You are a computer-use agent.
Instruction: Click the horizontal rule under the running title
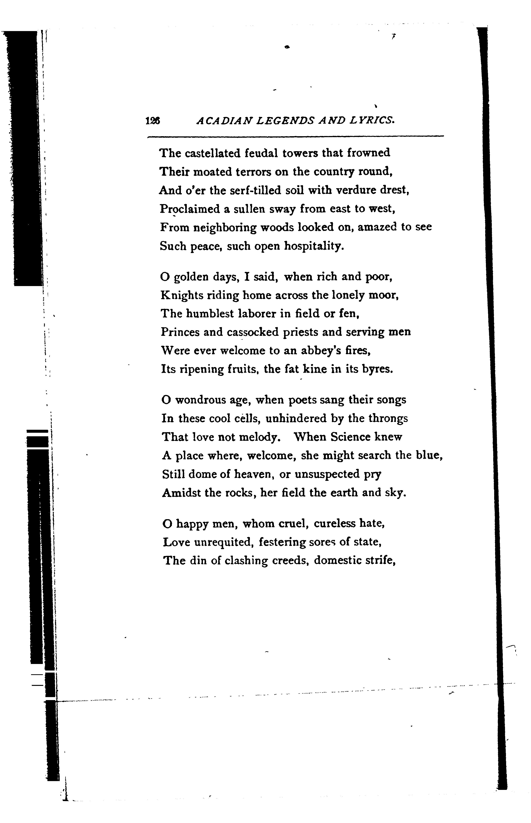[x=295, y=137]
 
